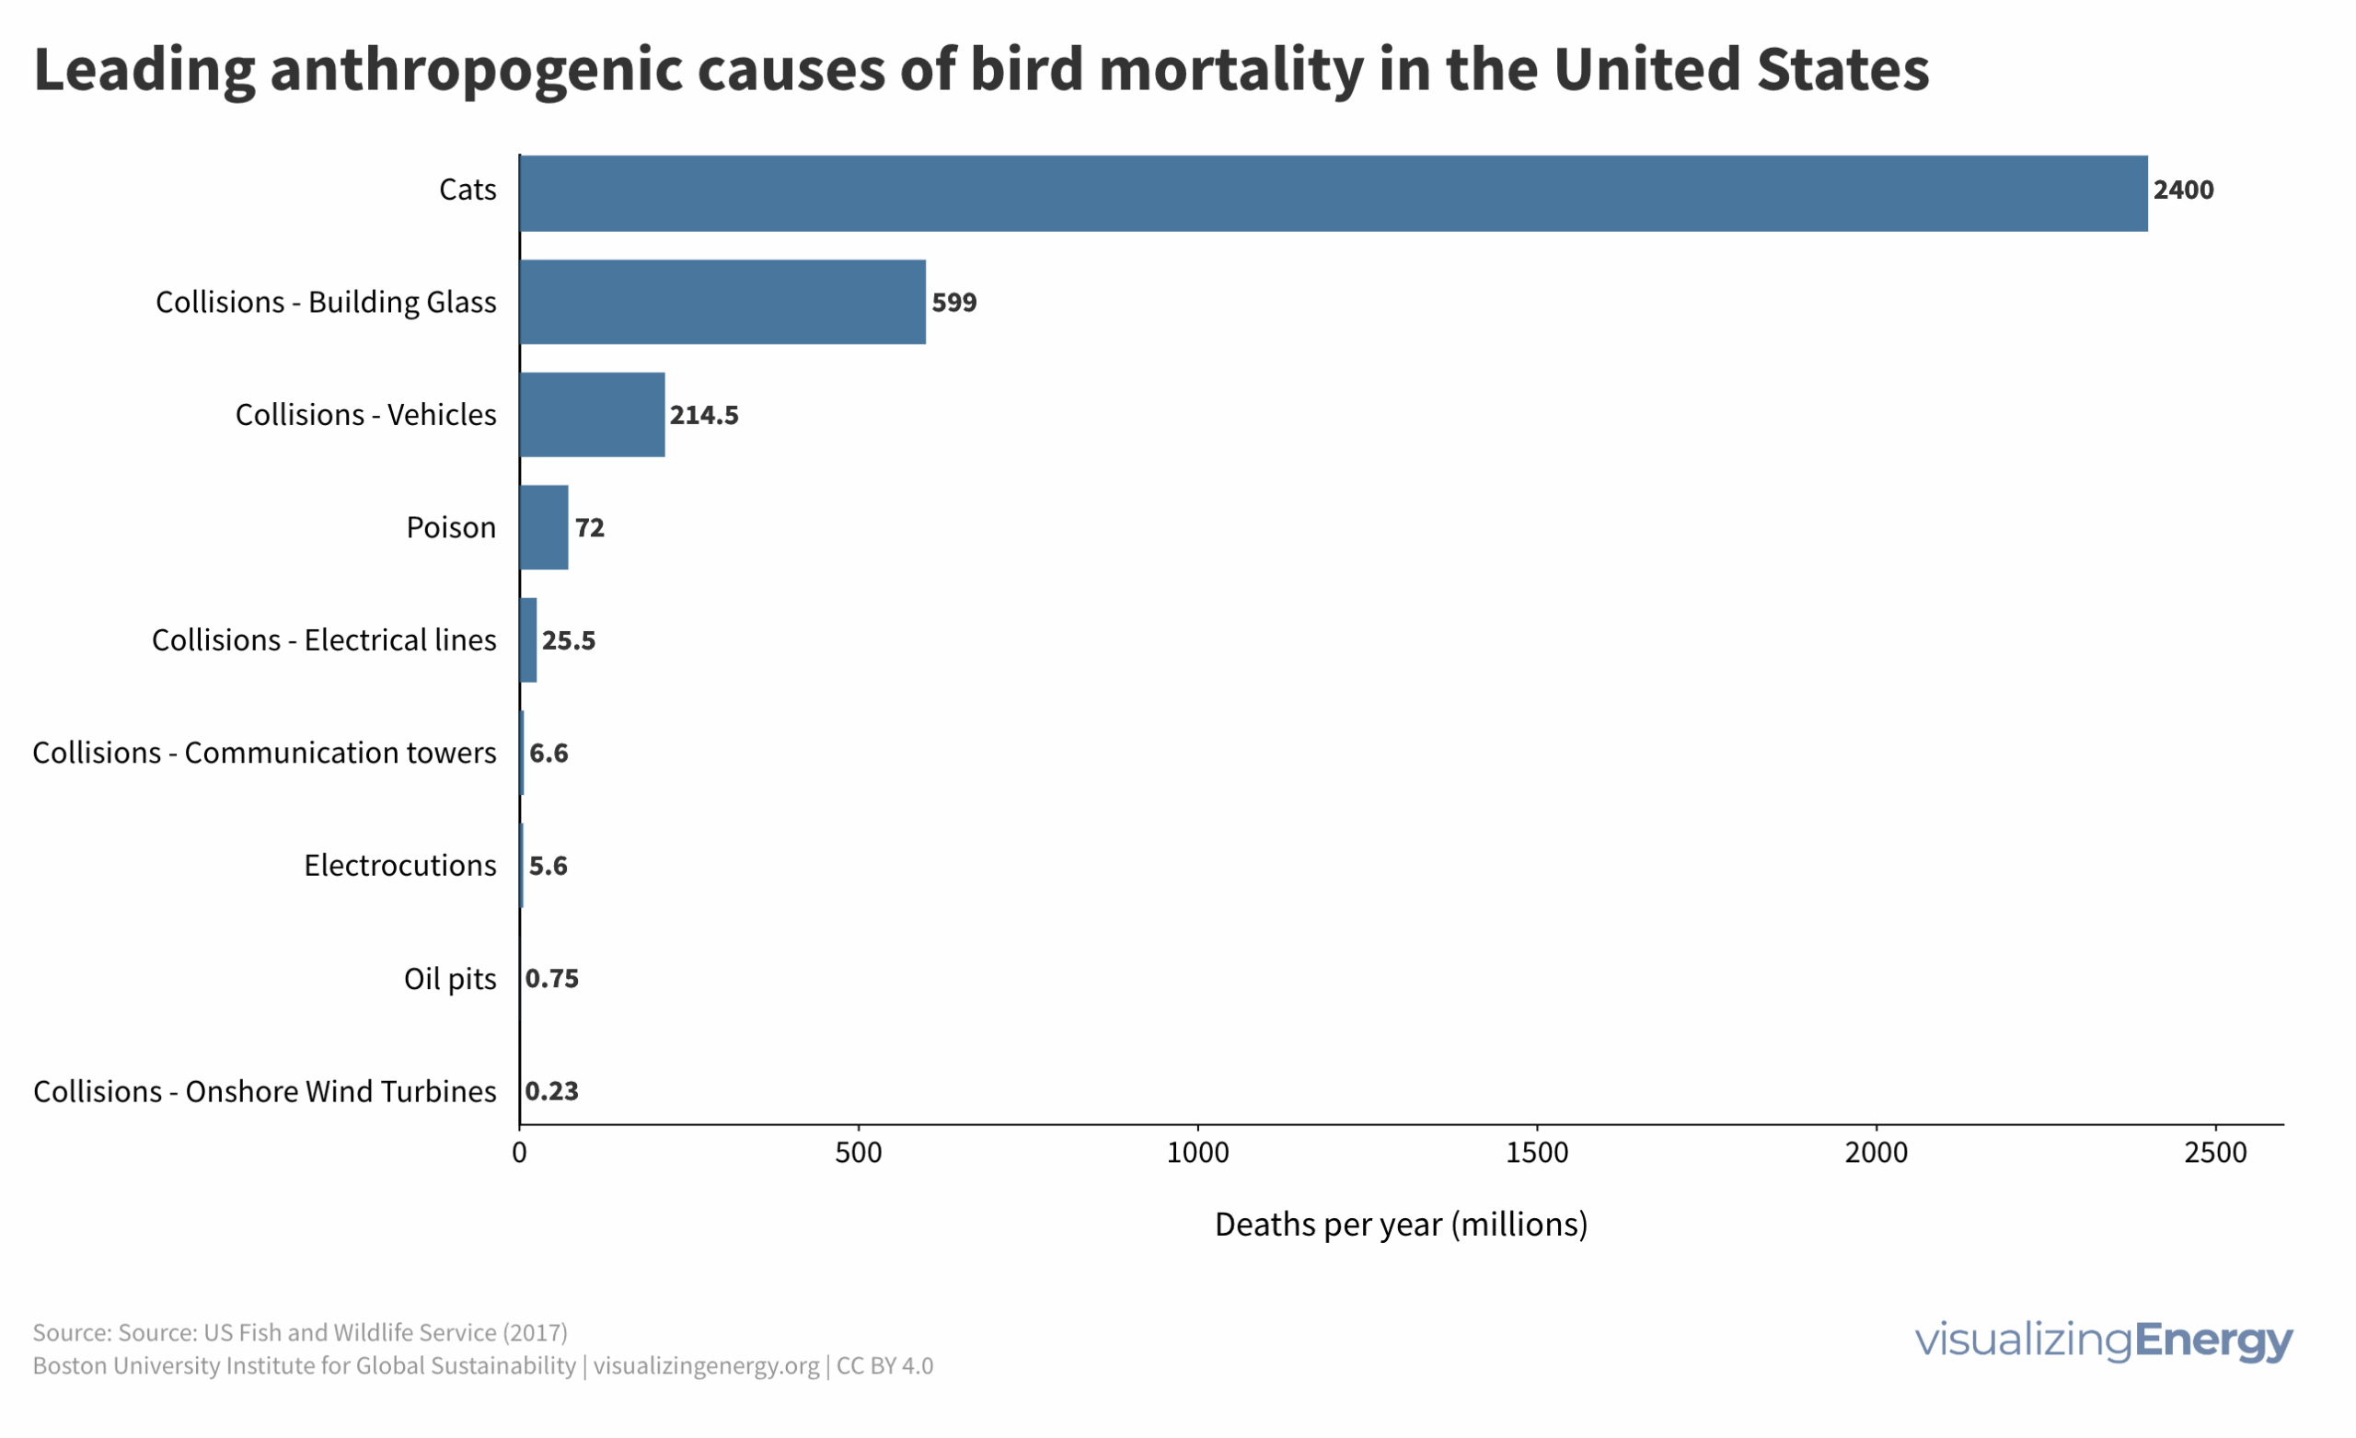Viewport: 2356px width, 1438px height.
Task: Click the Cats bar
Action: (x=1334, y=194)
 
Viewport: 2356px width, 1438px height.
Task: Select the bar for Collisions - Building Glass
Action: (x=722, y=302)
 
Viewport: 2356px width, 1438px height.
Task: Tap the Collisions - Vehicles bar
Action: (x=593, y=415)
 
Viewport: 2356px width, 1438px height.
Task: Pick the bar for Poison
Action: (x=544, y=528)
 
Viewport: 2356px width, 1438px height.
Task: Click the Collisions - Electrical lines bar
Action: (x=529, y=640)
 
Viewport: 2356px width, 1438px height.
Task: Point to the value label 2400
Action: (x=2183, y=190)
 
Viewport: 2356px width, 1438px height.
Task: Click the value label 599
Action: (x=954, y=303)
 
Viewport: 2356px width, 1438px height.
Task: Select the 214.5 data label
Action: (x=704, y=416)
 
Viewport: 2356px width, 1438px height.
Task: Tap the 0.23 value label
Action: (x=553, y=1092)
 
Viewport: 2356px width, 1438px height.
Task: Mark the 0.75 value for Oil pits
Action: (x=553, y=979)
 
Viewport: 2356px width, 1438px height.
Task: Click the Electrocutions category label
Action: (x=400, y=867)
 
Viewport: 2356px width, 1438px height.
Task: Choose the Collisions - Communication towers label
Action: (x=265, y=754)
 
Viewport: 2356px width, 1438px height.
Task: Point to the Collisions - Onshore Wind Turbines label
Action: (x=265, y=1092)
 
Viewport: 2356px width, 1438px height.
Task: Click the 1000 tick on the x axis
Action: (x=1198, y=1153)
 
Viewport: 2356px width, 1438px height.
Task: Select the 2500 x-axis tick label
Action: (x=2215, y=1153)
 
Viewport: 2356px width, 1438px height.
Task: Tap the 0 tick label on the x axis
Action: (x=519, y=1153)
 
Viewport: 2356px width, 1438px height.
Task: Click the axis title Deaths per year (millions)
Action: (x=1401, y=1225)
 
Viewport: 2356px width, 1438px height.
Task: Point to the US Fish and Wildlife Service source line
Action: (x=300, y=1333)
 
